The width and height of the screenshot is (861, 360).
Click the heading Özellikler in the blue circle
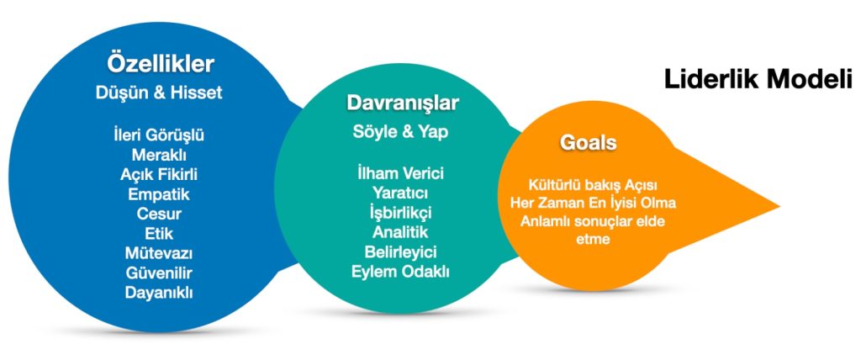point(160,64)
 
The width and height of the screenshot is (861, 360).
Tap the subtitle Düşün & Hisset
point(159,93)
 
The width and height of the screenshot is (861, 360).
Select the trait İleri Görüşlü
point(159,135)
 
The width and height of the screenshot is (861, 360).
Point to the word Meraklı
point(159,155)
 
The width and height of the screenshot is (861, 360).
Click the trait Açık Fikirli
point(159,174)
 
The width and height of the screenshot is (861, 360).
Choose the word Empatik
point(159,194)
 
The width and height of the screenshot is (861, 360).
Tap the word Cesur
point(159,214)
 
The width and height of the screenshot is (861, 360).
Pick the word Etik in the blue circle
point(159,233)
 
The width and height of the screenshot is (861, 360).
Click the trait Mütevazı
point(159,253)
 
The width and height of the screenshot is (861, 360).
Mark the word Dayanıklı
point(159,293)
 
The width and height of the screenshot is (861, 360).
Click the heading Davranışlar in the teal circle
point(403,103)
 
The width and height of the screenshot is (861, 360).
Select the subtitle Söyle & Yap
point(399,132)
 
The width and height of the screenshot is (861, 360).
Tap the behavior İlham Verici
point(400,173)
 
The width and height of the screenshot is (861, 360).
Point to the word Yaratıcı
point(400,193)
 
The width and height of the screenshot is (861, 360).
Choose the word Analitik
point(400,232)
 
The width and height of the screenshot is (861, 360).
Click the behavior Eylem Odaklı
point(400,272)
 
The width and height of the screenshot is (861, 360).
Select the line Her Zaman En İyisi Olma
point(593,203)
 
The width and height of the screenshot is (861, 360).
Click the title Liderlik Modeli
point(758,79)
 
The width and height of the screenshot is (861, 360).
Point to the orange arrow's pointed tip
point(779,207)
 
